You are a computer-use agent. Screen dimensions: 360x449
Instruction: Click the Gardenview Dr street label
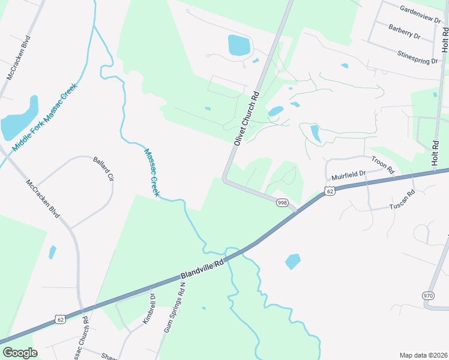click(x=420, y=11)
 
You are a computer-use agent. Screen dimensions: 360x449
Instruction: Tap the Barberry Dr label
click(x=404, y=32)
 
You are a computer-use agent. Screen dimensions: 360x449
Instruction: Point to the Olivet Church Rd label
click(x=246, y=118)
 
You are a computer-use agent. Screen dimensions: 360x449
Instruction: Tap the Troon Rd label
click(x=382, y=166)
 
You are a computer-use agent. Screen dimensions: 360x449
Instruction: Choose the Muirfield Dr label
click(x=349, y=176)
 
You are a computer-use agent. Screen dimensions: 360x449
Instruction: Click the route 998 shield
click(x=282, y=203)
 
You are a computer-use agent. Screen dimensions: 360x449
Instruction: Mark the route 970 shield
click(x=428, y=296)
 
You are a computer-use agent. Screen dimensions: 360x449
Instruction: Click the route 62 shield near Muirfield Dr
click(x=330, y=191)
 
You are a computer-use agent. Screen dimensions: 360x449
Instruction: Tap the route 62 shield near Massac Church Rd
click(x=59, y=320)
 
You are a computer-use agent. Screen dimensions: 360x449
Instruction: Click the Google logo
click(x=20, y=353)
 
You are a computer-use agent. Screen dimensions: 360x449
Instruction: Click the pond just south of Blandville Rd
click(x=292, y=261)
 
